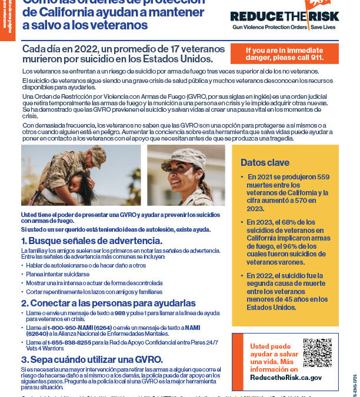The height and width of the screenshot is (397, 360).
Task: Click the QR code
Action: click(317, 353)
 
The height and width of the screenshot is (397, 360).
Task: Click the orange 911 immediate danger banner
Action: click(284, 54)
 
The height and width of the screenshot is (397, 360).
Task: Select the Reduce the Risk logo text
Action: click(284, 17)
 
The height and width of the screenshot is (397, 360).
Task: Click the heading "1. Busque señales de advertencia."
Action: click(92, 241)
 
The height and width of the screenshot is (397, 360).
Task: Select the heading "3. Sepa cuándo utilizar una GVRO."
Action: click(92, 359)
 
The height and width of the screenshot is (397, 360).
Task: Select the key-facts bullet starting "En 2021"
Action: click(288, 193)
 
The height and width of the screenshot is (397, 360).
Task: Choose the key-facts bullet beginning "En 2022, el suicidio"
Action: click(288, 291)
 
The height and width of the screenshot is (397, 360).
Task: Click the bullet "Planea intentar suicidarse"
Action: click(58, 274)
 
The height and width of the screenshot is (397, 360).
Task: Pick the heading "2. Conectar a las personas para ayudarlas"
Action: click(108, 303)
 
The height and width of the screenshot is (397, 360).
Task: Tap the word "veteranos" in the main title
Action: click(121, 25)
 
